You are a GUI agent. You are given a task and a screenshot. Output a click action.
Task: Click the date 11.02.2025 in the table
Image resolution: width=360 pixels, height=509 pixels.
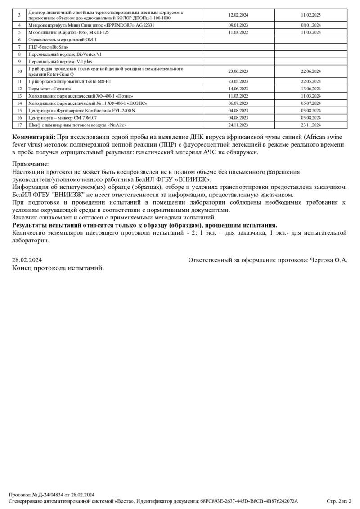click(x=310, y=15)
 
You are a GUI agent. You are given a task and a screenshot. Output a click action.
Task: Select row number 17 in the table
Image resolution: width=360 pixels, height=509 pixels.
click(x=19, y=125)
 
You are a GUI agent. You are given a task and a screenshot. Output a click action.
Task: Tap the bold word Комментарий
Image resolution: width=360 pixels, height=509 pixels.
click(x=34, y=137)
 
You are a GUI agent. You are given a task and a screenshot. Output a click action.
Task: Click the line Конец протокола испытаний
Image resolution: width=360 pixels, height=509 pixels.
click(x=58, y=268)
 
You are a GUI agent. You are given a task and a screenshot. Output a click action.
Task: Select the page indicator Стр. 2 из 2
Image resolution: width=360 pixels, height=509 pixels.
click(x=339, y=501)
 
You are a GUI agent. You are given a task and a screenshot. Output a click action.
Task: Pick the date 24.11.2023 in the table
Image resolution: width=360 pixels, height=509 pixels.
click(x=238, y=125)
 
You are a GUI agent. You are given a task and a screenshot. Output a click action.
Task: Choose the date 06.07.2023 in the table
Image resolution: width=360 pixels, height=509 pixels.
click(x=238, y=103)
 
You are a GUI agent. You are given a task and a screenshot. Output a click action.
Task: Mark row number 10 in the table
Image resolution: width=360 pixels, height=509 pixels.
click(x=19, y=71)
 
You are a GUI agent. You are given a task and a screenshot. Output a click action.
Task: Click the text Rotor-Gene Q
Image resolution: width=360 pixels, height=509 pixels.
click(x=59, y=74)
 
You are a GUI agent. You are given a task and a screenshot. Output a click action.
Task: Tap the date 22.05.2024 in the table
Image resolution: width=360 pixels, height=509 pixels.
click(x=310, y=81)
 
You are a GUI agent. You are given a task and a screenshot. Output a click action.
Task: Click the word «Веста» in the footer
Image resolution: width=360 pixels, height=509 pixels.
click(x=124, y=501)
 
